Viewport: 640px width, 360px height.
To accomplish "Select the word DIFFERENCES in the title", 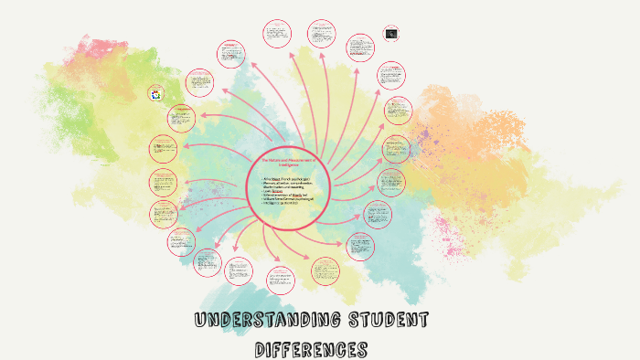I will pyautogui.click(x=311, y=349).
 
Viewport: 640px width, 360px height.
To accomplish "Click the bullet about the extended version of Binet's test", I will pyautogui.click(x=286, y=194).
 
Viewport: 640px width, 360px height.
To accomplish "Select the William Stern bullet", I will pyautogui.click(x=286, y=199).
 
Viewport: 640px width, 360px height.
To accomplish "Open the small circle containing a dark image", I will pyautogui.click(x=391, y=33).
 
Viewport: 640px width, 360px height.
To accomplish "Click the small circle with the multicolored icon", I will pyautogui.click(x=155, y=93).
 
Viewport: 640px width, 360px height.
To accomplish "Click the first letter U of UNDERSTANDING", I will pyautogui.click(x=200, y=322).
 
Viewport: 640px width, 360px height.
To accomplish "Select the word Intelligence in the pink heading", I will pyautogui.click(x=287, y=164).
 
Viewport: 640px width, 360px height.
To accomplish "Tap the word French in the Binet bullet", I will pyautogui.click(x=286, y=179).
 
